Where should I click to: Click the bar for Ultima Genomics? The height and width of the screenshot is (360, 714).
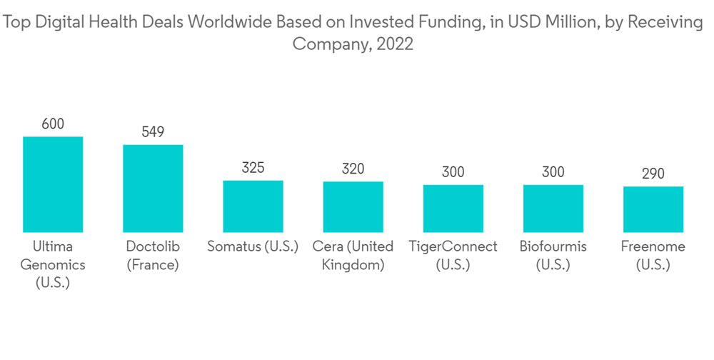pyautogui.click(x=53, y=184)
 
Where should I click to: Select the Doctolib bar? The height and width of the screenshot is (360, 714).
pyautogui.click(x=153, y=189)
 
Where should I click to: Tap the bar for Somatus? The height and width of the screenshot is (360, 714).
pyautogui.click(x=253, y=206)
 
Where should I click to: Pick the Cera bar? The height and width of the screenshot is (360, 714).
pyautogui.click(x=353, y=207)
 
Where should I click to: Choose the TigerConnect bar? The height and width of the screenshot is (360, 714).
pyautogui.click(x=453, y=209)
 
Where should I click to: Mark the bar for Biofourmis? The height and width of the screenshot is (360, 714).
pyautogui.click(x=553, y=209)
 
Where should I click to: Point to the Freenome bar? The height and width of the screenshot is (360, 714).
pyautogui.click(x=653, y=209)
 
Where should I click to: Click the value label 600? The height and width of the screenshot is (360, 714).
pyautogui.click(x=53, y=124)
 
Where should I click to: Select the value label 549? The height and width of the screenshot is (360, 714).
pyautogui.click(x=153, y=132)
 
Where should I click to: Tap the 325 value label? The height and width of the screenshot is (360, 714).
pyautogui.click(x=253, y=168)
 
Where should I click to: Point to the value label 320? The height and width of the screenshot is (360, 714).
pyautogui.click(x=353, y=169)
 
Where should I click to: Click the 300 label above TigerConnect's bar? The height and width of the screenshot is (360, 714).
pyautogui.click(x=453, y=172)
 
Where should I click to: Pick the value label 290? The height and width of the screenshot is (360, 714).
pyautogui.click(x=653, y=174)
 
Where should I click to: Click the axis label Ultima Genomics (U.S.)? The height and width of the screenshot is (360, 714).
pyautogui.click(x=53, y=264)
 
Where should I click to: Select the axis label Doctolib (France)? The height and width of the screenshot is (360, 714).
pyautogui.click(x=153, y=256)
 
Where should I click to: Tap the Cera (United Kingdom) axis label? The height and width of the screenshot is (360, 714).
pyautogui.click(x=353, y=256)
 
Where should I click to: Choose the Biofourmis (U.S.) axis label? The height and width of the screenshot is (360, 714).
pyautogui.click(x=553, y=256)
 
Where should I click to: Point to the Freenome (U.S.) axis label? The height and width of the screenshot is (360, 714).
pyautogui.click(x=653, y=256)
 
